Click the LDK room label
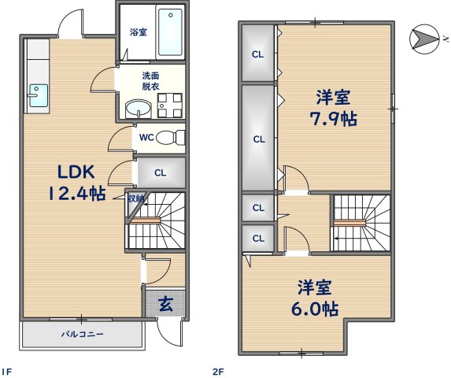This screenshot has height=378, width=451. click(x=76, y=172)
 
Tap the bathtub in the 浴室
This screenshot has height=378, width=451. click(x=170, y=32)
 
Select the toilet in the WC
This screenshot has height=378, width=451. click(x=170, y=138)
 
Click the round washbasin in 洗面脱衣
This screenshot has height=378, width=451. click(x=138, y=109)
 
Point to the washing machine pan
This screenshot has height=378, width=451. click(x=170, y=106)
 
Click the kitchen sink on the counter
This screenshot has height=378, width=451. click(x=38, y=95)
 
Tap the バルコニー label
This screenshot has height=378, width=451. click(x=83, y=334)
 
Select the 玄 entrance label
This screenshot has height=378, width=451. click(x=165, y=304)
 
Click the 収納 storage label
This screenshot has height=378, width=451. click(x=135, y=198)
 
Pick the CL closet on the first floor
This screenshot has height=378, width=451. click(x=161, y=172)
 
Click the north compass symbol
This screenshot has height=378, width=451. click(x=424, y=39)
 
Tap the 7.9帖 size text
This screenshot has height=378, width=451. click(x=334, y=119)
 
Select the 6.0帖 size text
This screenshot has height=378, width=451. click(x=315, y=309)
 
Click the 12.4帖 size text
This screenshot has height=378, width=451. click(x=77, y=193)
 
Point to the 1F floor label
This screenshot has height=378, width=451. click(x=7, y=372)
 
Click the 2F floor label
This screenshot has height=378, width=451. click(x=218, y=372)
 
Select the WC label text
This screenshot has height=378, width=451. click(x=146, y=138)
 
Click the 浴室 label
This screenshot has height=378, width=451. click(x=139, y=32)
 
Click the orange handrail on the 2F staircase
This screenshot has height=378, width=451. click(x=349, y=222)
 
